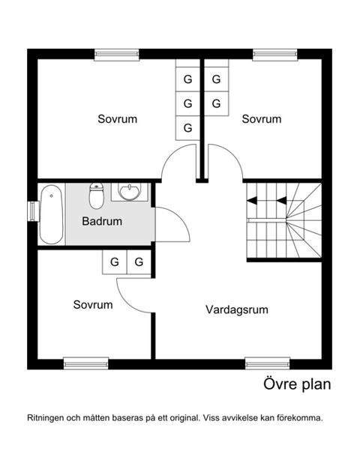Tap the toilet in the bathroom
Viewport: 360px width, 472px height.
point(96,196)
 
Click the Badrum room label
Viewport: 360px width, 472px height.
point(102,222)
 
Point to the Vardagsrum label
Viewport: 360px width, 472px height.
point(237,309)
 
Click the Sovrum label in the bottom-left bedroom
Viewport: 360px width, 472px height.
point(93,305)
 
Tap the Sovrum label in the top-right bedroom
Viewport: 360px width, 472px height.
point(261,119)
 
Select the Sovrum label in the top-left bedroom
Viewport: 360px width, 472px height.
point(118,119)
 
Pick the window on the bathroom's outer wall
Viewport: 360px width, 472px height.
point(32,211)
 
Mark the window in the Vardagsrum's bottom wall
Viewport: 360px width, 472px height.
point(268,363)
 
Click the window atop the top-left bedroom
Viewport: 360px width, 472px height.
point(116,54)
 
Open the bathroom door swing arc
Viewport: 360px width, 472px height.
point(171,225)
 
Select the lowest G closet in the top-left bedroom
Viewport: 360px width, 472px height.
point(187,127)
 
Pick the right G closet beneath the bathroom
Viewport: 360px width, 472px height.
point(139,262)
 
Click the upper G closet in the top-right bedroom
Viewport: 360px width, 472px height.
point(216,79)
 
